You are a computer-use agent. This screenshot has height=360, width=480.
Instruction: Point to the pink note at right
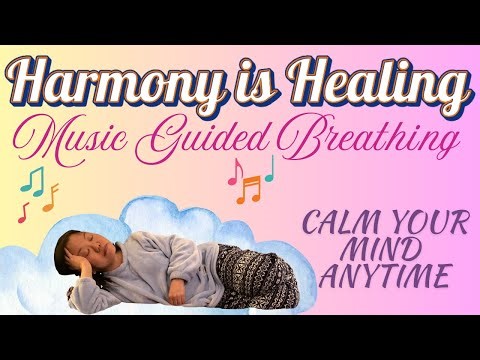click(x=234, y=172)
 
